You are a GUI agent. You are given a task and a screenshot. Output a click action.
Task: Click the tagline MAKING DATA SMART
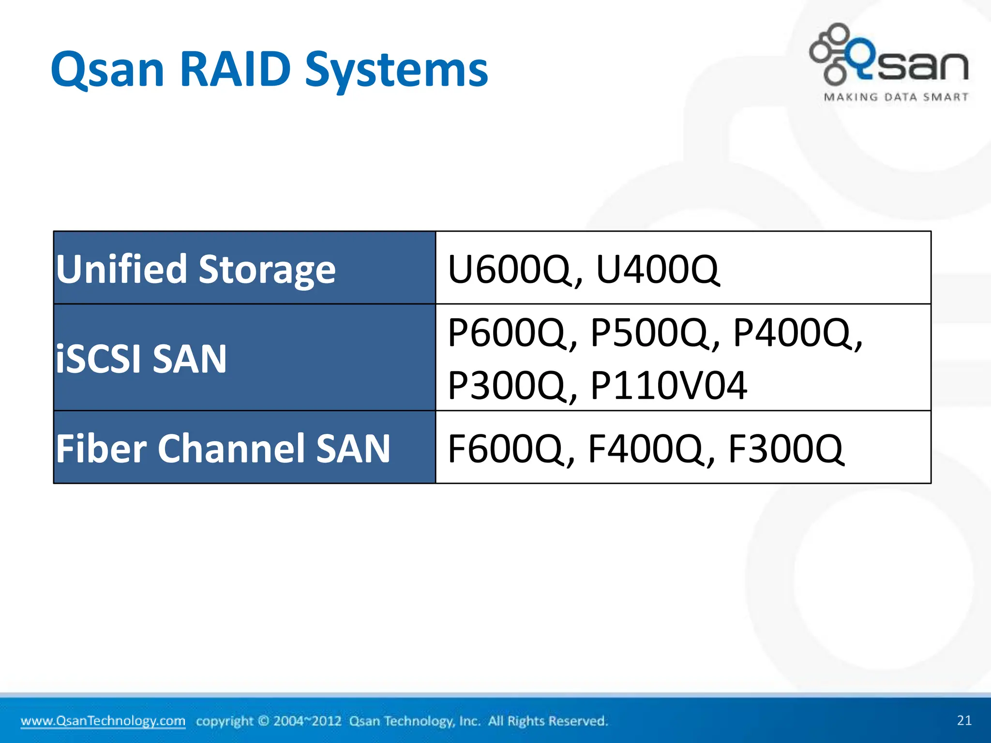(896, 97)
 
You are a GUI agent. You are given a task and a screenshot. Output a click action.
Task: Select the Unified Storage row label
(195, 269)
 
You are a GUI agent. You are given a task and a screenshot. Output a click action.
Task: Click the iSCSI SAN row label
(141, 358)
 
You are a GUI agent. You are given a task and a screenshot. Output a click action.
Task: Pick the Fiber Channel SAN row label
(223, 448)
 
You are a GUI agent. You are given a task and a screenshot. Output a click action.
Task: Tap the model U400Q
(657, 269)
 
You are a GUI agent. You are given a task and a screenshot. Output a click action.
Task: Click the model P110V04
(669, 386)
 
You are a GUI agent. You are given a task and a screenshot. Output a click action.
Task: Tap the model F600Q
(506, 449)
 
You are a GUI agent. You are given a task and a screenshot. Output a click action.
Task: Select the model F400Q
(646, 449)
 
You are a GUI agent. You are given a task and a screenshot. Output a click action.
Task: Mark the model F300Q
(786, 449)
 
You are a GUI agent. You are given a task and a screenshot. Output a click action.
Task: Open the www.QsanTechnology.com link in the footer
(103, 721)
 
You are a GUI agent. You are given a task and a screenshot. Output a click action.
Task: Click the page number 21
(964, 720)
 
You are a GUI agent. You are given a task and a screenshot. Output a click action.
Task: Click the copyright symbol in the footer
(263, 721)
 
